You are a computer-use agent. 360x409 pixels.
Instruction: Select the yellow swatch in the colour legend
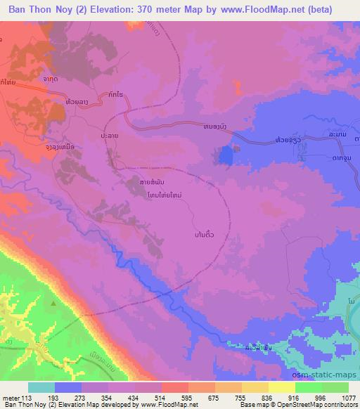tap(282, 387)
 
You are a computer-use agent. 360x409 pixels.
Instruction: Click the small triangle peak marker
tap(53, 303)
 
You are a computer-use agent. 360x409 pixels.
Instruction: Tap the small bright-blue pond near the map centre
tap(226, 155)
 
